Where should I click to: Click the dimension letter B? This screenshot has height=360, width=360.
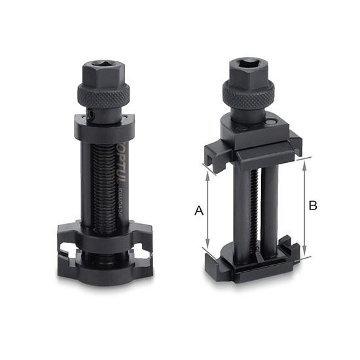[x=313, y=205]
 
